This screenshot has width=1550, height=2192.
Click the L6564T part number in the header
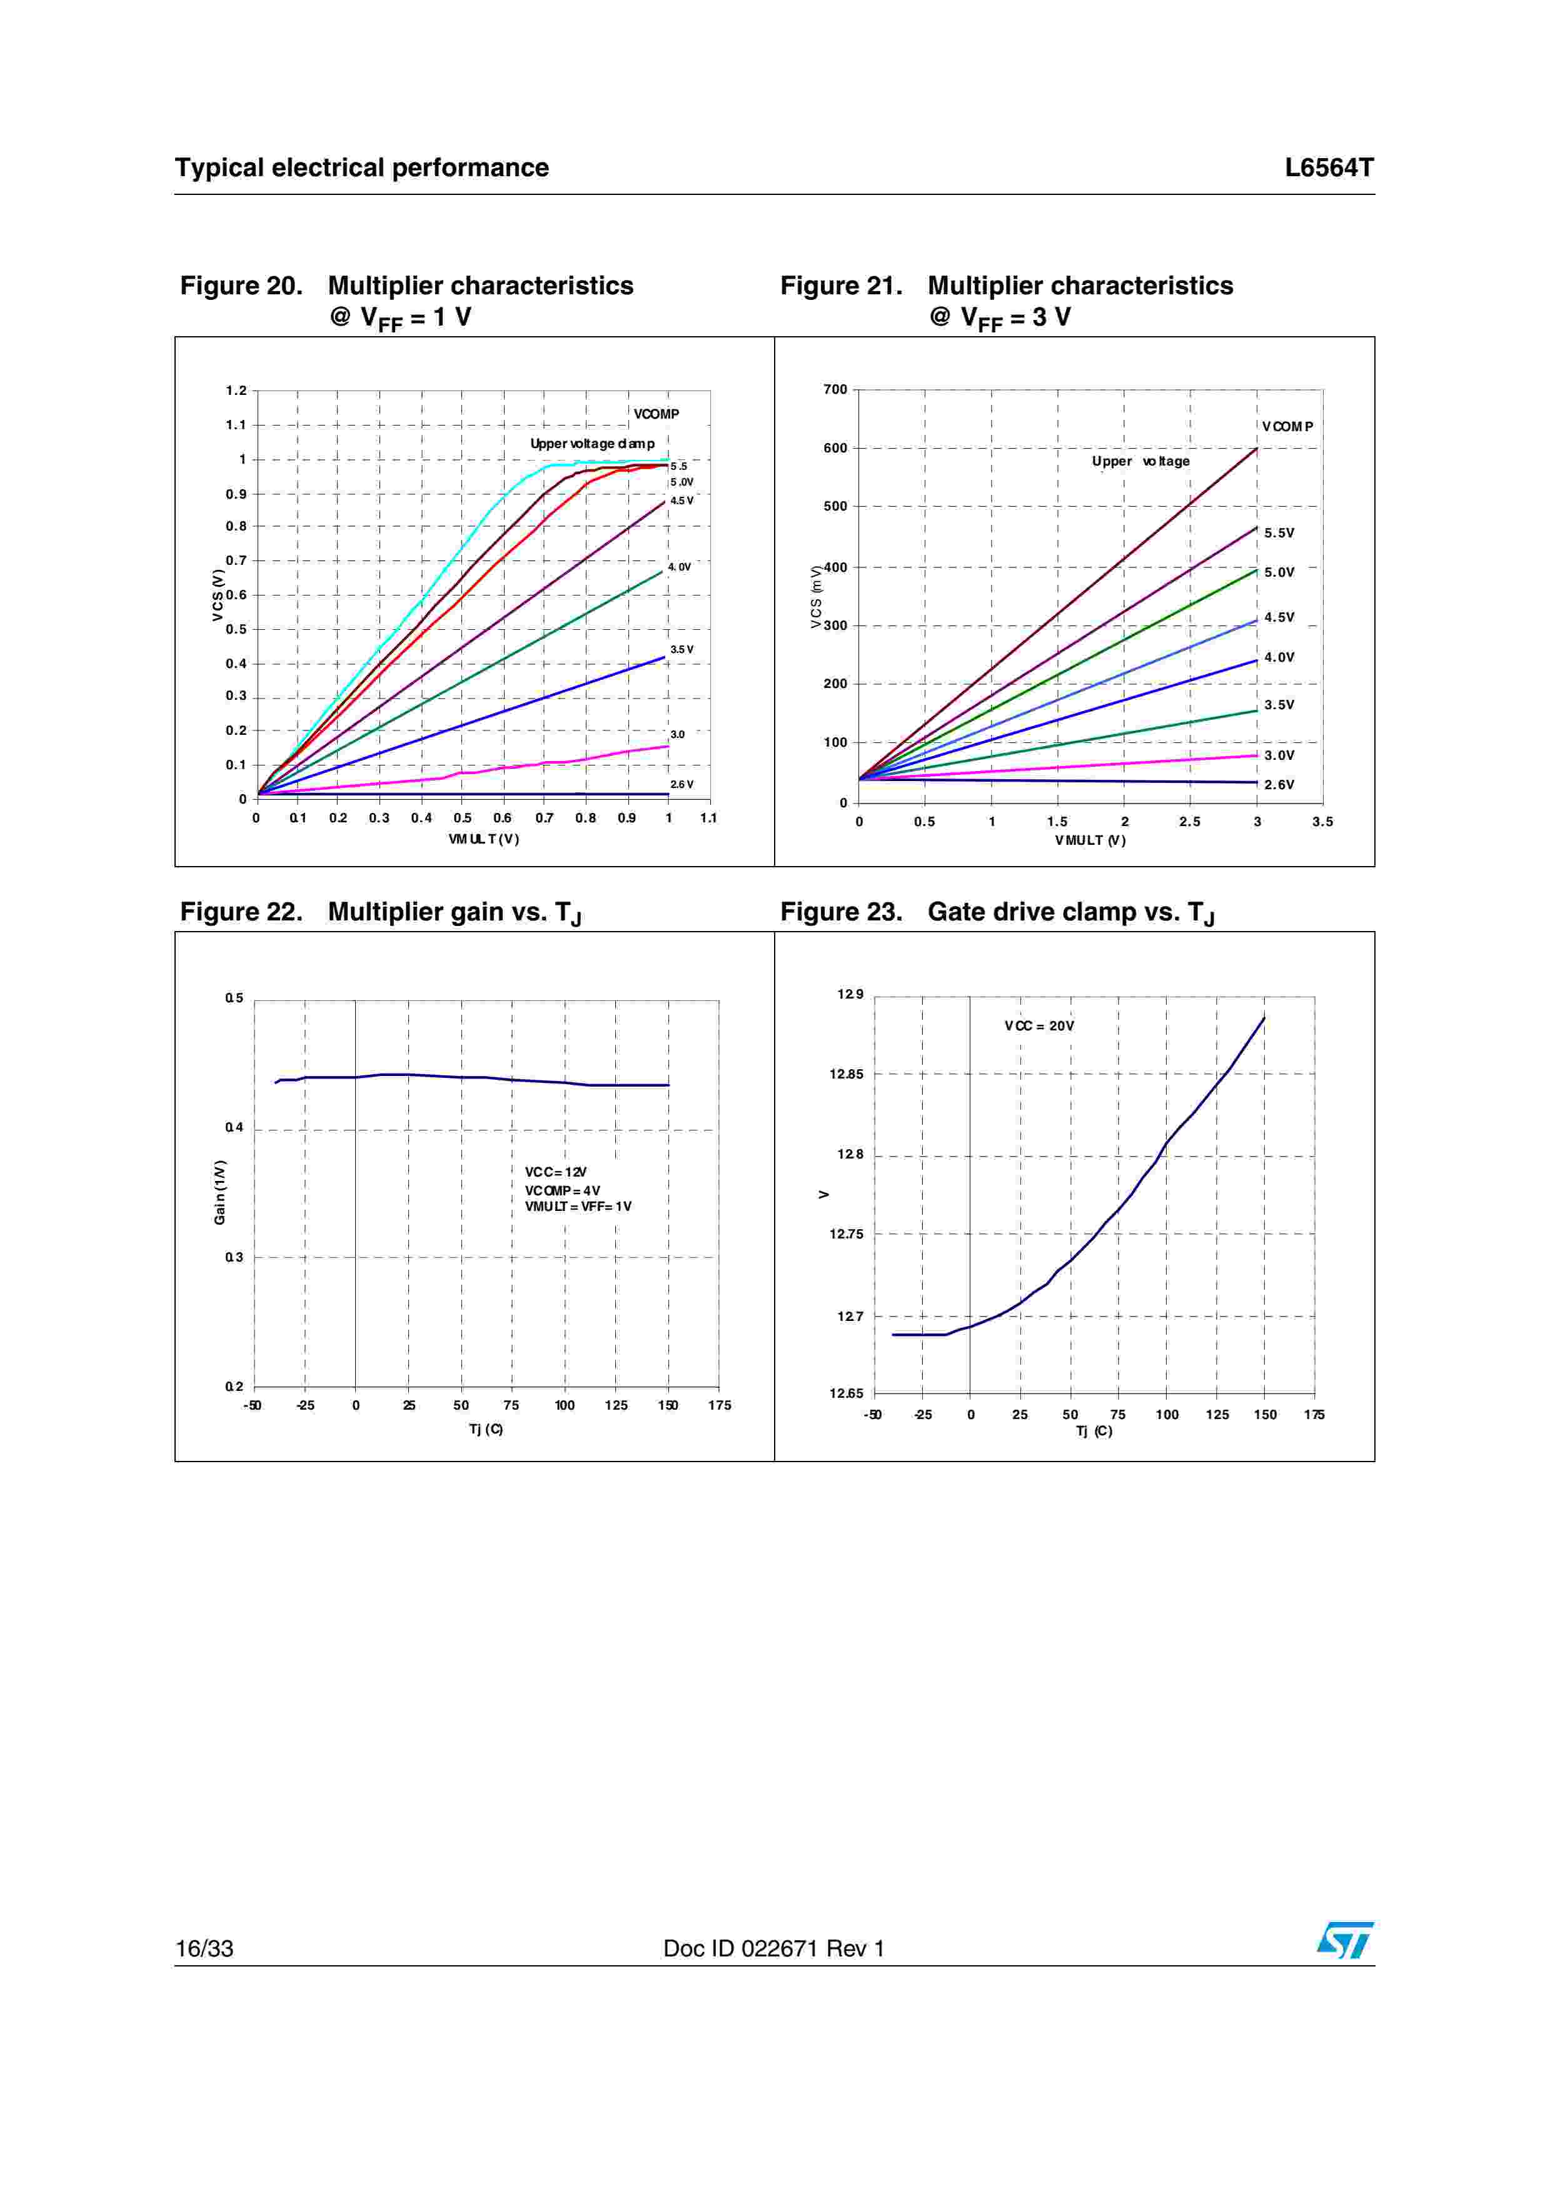coord(1329,168)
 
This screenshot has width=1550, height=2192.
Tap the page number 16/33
coord(204,1948)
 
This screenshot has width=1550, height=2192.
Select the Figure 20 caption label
coord(241,286)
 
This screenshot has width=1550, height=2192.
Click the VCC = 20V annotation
coord(1039,1026)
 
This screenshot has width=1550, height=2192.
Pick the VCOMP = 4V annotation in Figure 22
coord(563,1190)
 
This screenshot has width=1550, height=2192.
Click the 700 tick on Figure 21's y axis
coord(835,389)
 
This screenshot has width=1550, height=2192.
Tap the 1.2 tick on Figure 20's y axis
coord(236,391)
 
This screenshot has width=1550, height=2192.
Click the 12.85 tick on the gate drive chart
coord(846,1074)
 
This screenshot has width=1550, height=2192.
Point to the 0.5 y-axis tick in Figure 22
coord(234,999)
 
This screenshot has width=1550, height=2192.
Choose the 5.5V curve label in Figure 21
coord(1279,533)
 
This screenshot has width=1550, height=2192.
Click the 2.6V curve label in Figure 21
coord(1279,785)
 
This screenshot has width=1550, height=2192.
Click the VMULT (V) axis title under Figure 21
coord(1090,840)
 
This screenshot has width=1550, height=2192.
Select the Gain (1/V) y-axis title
coord(219,1192)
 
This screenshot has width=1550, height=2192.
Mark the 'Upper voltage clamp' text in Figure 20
coord(592,444)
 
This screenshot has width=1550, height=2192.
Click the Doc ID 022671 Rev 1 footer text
coord(773,1948)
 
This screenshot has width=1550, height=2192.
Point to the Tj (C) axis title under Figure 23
coord(1094,1431)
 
